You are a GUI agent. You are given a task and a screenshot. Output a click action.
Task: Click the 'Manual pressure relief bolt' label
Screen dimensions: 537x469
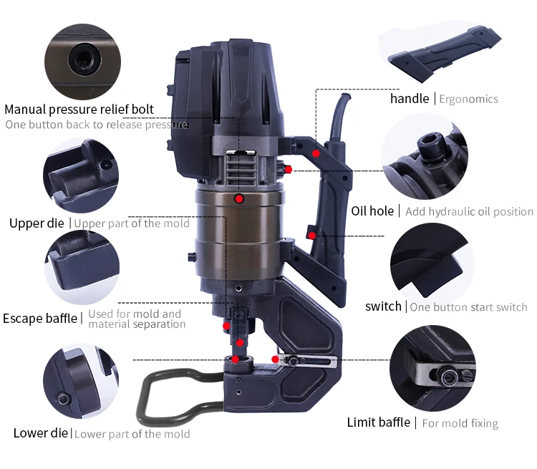79,110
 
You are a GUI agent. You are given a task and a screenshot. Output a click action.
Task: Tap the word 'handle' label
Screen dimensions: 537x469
410,99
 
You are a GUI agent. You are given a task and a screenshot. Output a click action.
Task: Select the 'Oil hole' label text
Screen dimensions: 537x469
372,211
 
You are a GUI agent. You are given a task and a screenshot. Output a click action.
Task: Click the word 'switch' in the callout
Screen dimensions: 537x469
383,306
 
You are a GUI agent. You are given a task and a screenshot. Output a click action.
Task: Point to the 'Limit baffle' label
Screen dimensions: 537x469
379,422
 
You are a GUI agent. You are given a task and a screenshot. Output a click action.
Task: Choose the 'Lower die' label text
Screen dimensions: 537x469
40,433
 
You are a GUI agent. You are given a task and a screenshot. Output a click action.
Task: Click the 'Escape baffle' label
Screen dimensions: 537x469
40,319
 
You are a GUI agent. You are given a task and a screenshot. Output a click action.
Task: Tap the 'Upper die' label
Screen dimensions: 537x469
37,223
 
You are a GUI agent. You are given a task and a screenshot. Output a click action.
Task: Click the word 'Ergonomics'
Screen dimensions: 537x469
468,100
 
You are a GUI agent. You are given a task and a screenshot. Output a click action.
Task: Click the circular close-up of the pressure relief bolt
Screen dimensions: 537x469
82,62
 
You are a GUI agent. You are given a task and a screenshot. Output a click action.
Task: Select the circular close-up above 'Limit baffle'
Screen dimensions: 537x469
432,368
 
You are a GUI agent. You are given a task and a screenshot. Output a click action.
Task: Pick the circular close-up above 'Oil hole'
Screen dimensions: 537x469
425,156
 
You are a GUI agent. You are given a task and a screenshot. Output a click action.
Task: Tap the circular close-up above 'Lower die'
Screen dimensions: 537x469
81,381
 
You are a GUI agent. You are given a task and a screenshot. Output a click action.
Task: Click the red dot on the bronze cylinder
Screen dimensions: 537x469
239,199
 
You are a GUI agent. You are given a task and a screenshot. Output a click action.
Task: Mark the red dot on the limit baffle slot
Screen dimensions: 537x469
275,359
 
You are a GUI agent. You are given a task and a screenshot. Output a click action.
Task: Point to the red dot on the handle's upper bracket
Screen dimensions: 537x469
316,153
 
